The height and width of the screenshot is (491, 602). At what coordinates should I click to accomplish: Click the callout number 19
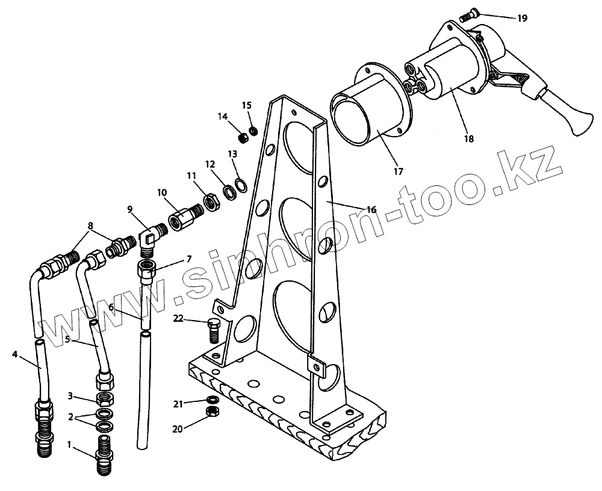(x=522, y=18)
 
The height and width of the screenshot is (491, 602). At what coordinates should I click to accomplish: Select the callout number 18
(x=469, y=139)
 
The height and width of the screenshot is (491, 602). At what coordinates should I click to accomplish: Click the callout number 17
(x=398, y=171)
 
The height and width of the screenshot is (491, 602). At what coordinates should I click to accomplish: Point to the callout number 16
(x=371, y=209)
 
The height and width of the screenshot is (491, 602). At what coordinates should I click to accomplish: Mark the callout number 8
(x=90, y=227)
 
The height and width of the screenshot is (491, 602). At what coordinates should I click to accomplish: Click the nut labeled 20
(x=211, y=412)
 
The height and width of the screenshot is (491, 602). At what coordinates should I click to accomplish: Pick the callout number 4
(x=14, y=354)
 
